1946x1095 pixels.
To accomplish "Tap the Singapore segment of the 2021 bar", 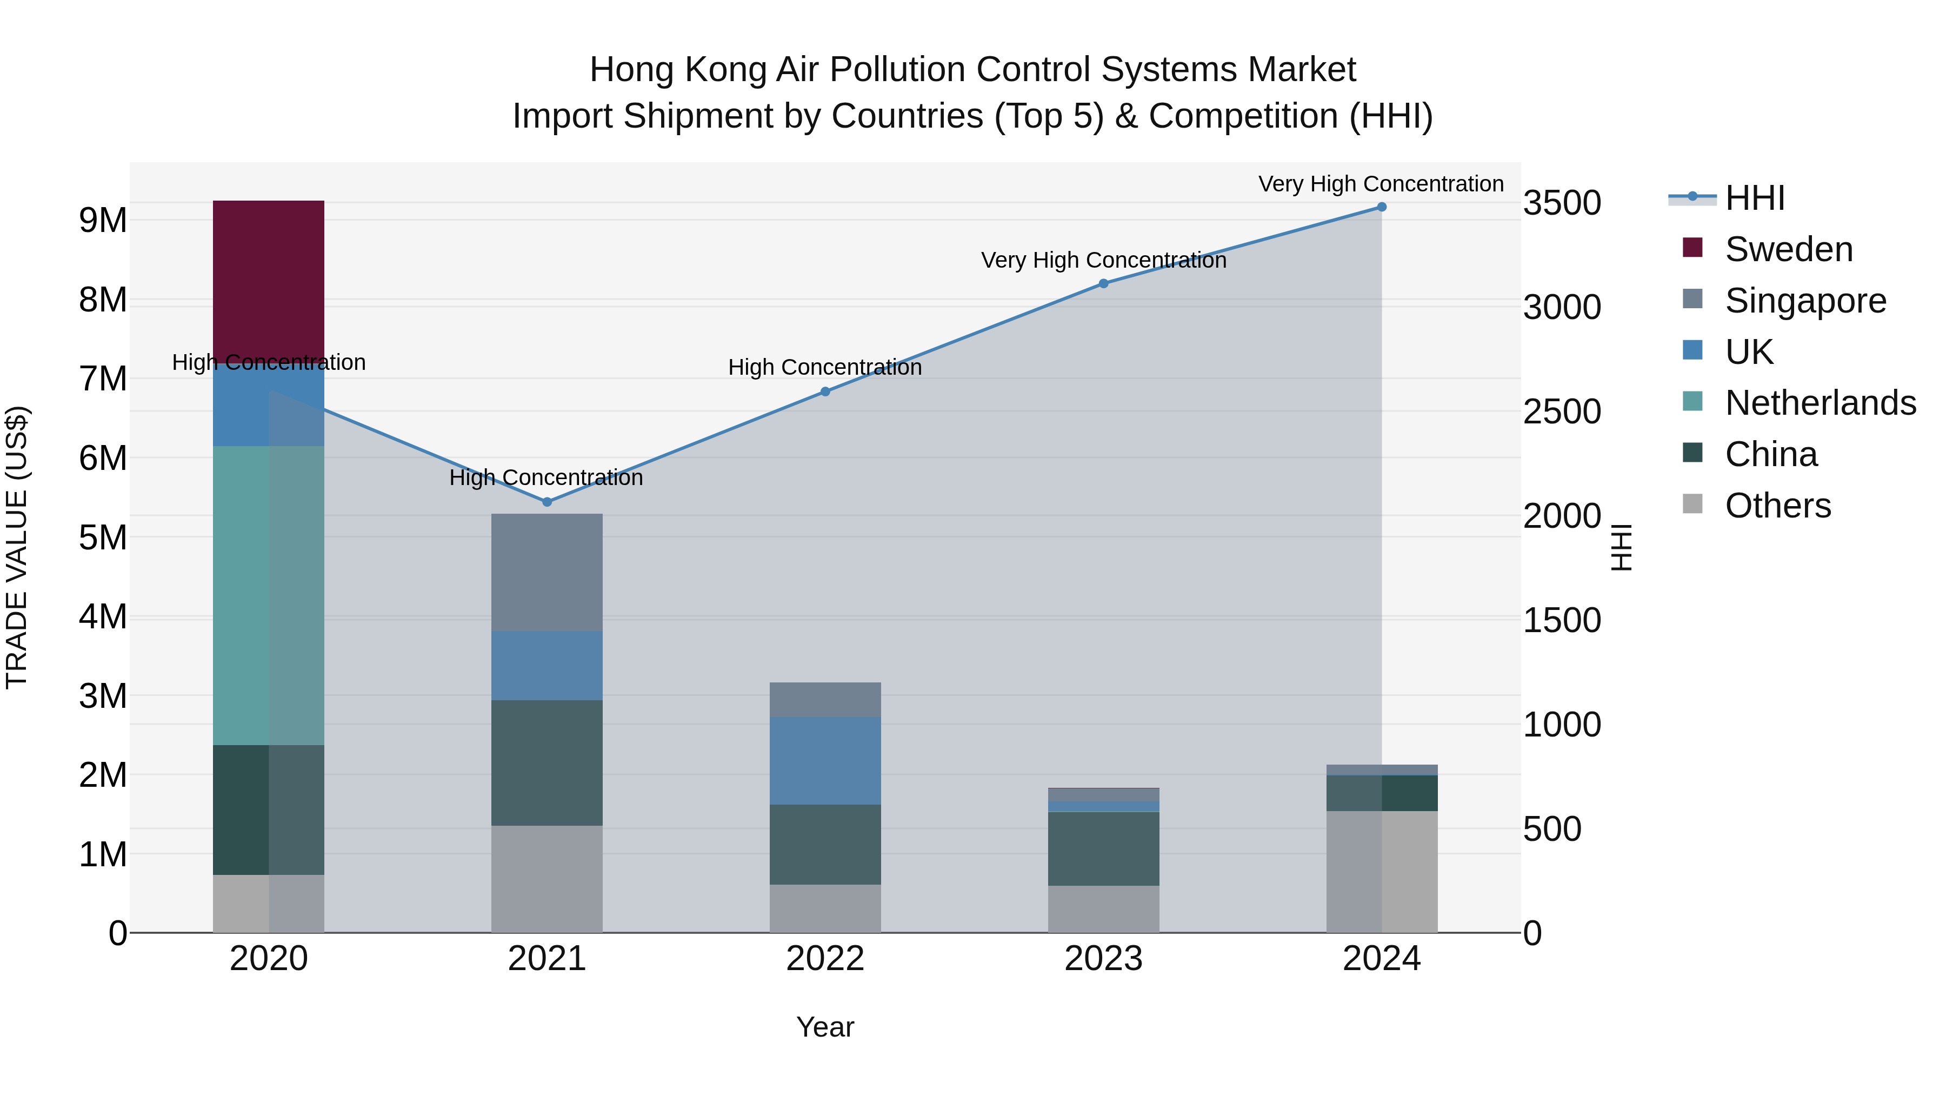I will [547, 572].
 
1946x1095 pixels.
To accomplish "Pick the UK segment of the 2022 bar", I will [825, 760].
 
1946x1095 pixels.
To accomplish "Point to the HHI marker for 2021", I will [547, 502].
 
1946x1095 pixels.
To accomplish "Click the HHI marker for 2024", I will [1382, 207].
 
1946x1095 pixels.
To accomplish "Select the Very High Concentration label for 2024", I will [1381, 184].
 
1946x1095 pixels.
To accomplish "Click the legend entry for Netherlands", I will [1820, 403].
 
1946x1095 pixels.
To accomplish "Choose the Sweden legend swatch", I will [1693, 248].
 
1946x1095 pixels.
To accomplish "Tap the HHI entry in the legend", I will [1754, 198].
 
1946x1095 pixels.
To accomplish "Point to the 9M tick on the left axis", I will [103, 221].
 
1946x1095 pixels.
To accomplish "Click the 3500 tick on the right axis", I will [1562, 203].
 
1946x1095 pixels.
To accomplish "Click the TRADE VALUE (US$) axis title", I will [17, 547].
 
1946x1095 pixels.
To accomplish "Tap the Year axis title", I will [825, 1027].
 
